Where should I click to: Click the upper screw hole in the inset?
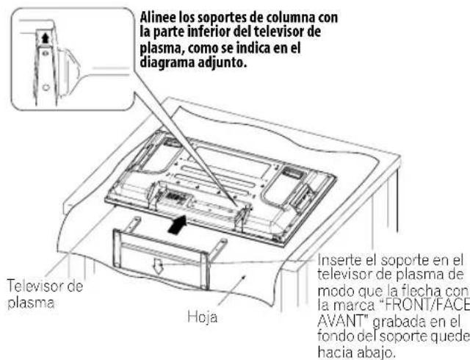[x=46, y=54]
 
